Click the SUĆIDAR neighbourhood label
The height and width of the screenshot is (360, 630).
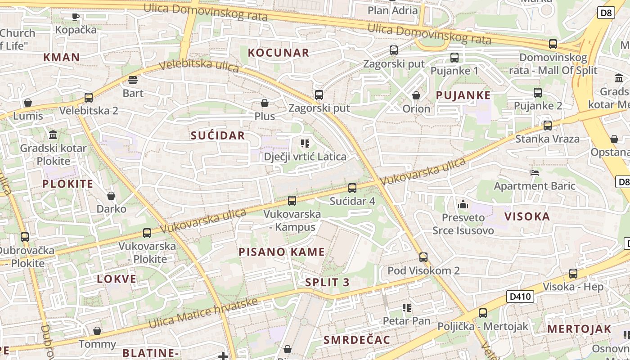[218, 135]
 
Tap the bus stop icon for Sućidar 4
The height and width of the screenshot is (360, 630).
[352, 188]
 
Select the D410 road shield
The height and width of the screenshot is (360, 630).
[520, 297]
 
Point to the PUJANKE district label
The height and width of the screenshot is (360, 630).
[463, 95]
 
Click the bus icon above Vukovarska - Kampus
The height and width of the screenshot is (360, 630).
[292, 200]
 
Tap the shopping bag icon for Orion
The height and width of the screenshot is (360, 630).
[416, 95]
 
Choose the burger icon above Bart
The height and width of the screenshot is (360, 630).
[133, 80]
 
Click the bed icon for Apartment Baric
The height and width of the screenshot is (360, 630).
[535, 172]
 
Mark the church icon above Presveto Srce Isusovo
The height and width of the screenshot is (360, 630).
[463, 205]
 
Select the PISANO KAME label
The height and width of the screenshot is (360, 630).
[282, 252]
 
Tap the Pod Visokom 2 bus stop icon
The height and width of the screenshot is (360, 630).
[423, 257]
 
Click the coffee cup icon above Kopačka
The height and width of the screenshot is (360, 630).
[76, 17]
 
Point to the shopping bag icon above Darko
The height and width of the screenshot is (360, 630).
[111, 196]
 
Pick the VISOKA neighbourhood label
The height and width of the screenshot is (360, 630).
[527, 216]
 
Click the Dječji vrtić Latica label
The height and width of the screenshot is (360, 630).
[305, 157]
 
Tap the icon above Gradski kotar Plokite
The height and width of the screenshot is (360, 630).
[53, 135]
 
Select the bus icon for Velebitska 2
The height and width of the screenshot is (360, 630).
[89, 97]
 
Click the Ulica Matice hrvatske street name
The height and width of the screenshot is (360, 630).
[203, 313]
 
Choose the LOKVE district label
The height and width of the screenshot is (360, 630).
[117, 279]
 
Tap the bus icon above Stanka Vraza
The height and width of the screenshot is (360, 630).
[548, 125]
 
